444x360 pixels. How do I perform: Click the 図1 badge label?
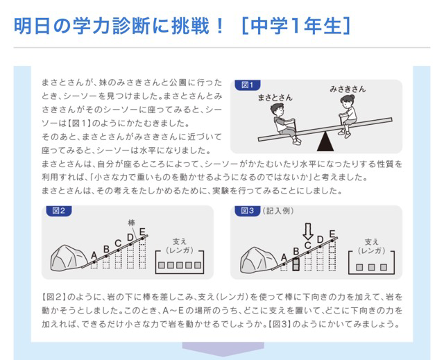248,85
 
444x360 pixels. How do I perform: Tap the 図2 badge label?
58,211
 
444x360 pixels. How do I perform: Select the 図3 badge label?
248,211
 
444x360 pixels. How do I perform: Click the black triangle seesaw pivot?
325,142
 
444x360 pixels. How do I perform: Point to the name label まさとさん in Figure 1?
275,98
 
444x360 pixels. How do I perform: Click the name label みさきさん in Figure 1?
348,89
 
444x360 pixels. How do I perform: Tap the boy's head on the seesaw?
277,110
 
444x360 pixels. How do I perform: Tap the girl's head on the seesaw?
347,101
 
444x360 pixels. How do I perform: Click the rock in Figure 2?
69,258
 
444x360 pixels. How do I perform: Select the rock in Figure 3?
258,260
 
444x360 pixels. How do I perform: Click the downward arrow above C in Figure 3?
308,232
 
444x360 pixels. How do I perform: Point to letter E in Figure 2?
142,232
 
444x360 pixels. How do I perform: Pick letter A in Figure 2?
94,255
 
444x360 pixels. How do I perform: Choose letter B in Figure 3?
296,251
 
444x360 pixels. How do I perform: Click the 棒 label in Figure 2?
131,223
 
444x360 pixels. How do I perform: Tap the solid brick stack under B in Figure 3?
296,264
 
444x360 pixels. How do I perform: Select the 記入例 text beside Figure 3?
277,211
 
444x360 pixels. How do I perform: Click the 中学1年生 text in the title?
296,26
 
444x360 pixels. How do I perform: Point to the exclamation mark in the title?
220,26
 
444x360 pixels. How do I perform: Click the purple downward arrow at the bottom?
223,349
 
